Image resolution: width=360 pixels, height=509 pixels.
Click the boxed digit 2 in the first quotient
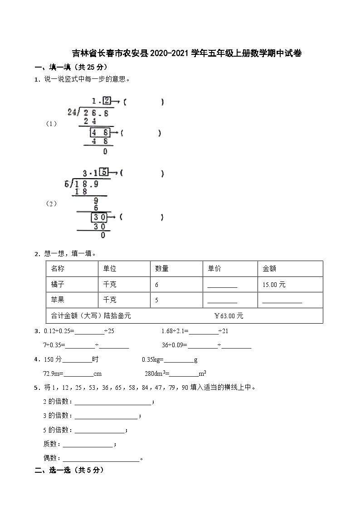(107, 101)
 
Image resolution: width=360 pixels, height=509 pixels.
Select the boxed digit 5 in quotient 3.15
(105, 172)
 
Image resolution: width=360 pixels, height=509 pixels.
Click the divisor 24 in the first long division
(72, 112)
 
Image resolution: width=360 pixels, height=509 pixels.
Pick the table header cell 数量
(162, 269)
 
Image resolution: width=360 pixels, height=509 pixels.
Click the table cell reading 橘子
(58, 285)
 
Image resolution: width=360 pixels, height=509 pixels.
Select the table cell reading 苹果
(58, 300)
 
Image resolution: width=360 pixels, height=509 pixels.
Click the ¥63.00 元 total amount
(229, 316)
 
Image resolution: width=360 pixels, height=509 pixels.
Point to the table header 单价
(214, 269)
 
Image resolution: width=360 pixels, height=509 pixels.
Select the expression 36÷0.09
(174, 345)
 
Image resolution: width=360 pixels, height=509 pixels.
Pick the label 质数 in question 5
(49, 445)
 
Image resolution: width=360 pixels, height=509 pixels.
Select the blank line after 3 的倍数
(106, 416)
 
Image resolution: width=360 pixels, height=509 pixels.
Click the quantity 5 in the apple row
(157, 300)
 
